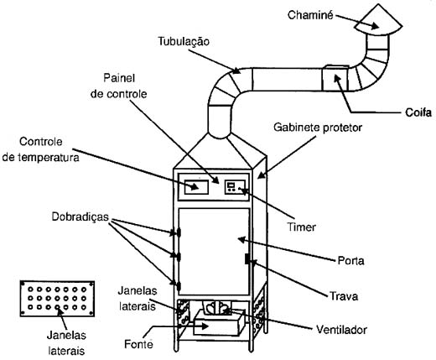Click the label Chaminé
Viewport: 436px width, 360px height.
[x=310, y=15]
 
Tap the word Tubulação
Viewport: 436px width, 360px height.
[x=184, y=41]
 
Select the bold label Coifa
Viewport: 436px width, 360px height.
[x=418, y=112]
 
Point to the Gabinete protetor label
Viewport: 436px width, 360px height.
[x=318, y=128]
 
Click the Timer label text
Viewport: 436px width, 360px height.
[x=302, y=227]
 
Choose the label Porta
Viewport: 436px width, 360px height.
[x=350, y=261]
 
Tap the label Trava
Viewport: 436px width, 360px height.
[x=344, y=296]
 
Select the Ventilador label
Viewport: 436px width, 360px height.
[x=341, y=330]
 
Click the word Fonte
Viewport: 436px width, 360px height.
[x=138, y=344]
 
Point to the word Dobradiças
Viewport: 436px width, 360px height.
[x=80, y=217]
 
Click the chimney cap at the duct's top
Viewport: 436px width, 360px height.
[x=378, y=20]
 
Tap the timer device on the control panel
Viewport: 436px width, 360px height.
[x=235, y=187]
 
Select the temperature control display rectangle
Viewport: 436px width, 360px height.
[x=196, y=187]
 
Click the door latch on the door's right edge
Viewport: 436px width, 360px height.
[x=247, y=258]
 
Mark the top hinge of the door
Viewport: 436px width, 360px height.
[x=179, y=232]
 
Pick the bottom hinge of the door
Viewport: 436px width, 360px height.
[x=179, y=285]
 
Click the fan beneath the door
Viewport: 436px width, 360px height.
[x=217, y=308]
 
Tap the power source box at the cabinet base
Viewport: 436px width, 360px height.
[x=220, y=322]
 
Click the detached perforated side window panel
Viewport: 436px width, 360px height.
[x=57, y=299]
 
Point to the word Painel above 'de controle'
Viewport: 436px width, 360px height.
[x=119, y=78]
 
